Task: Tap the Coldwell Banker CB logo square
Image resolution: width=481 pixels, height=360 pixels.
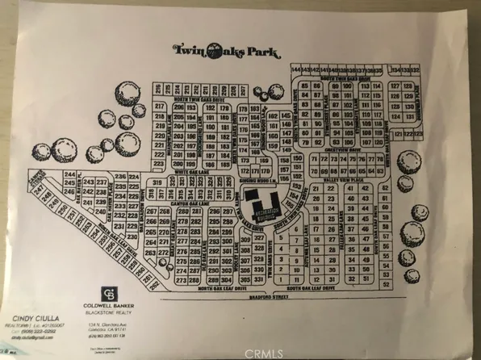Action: coord(109,294)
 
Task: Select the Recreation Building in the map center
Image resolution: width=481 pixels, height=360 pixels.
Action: coord(263,207)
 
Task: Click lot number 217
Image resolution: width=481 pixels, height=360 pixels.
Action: coord(159,107)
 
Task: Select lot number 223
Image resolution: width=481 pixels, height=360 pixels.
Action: coord(159,153)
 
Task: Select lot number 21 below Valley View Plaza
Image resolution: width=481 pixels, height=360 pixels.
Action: coord(317,189)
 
